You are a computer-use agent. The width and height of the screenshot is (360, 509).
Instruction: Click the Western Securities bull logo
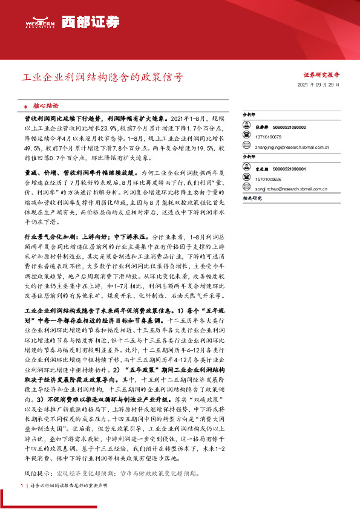41,21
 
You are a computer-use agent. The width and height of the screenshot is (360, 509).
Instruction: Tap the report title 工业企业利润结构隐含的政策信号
102,78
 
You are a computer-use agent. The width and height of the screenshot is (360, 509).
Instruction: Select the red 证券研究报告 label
321,75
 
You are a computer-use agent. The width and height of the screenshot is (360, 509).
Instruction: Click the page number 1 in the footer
22,485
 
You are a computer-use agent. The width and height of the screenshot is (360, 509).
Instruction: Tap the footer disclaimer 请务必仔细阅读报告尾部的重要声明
61,485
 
